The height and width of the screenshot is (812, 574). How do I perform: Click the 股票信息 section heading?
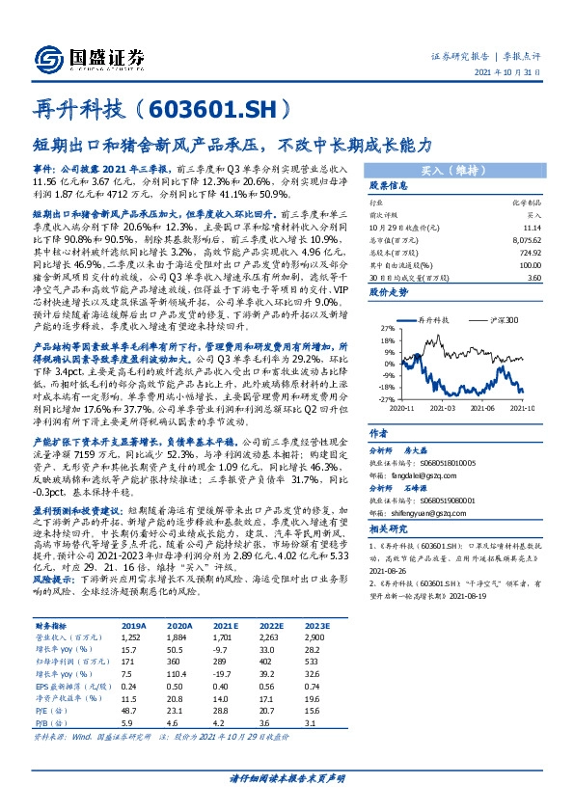[389, 186]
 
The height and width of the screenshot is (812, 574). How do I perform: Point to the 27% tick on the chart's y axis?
[383, 301]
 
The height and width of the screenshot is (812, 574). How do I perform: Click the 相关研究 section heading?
[390, 529]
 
